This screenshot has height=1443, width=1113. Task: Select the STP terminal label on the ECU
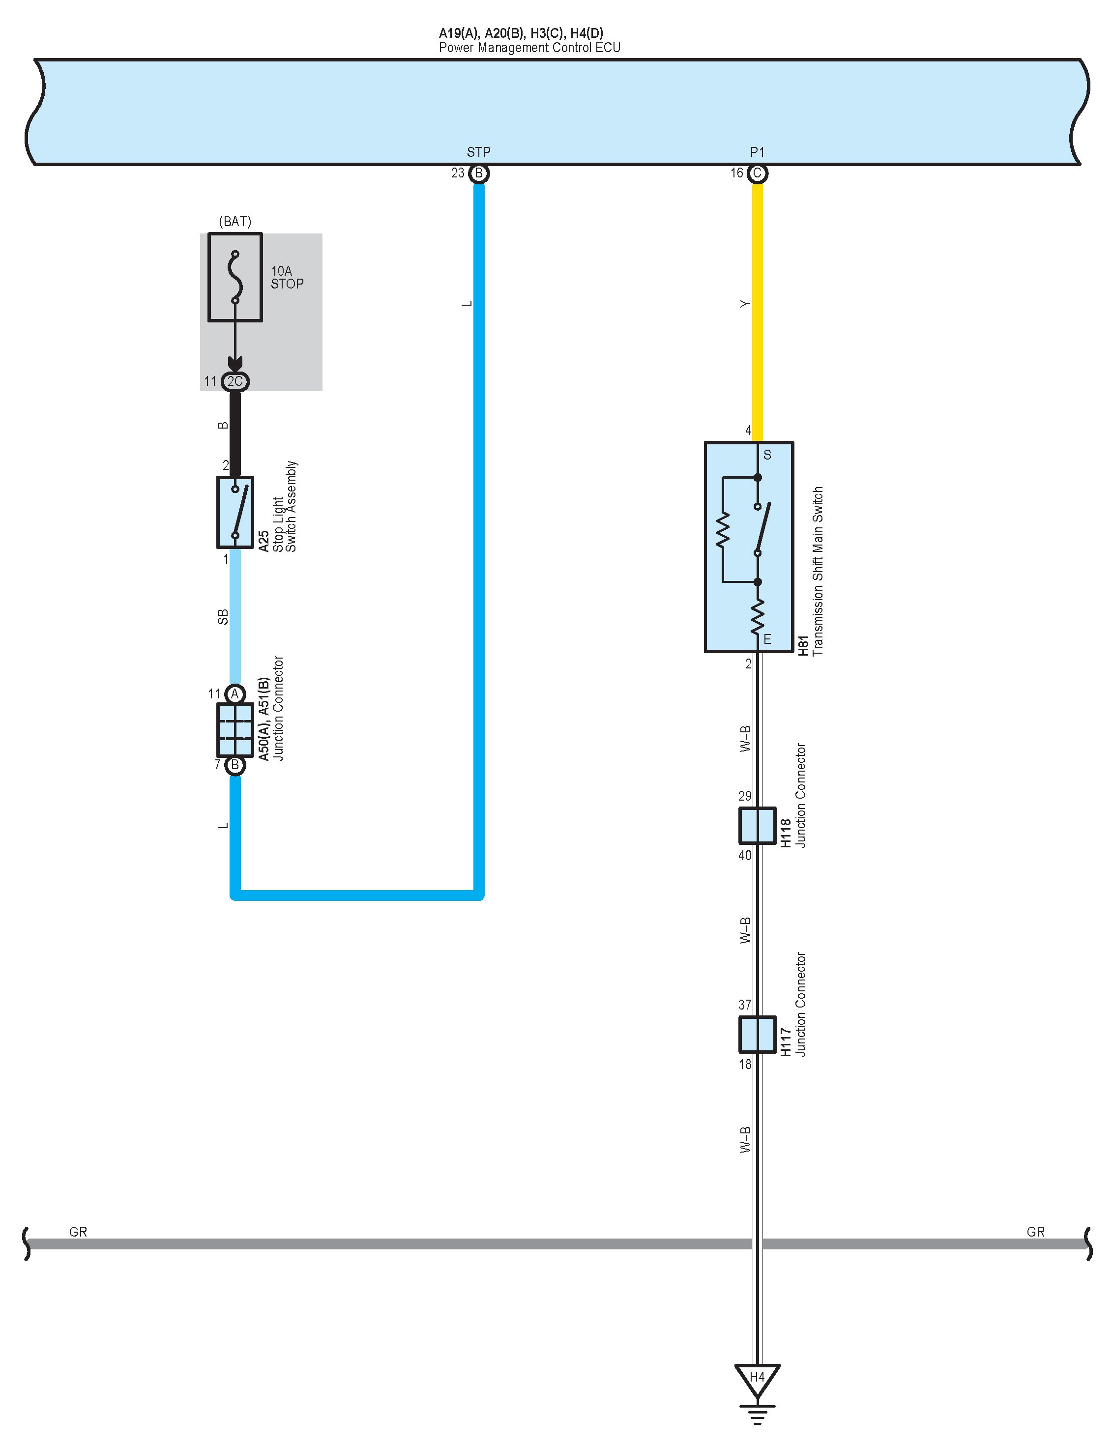478,152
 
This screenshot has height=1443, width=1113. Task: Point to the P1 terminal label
758,152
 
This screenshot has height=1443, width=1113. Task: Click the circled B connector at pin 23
478,174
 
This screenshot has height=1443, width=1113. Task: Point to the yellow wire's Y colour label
745,304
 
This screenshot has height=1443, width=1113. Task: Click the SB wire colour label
223,616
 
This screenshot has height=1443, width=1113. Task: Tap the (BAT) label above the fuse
235,221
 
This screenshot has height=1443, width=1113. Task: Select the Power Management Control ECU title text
529,48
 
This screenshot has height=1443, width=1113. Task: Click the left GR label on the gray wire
78,1232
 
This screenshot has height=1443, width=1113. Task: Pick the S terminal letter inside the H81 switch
767,455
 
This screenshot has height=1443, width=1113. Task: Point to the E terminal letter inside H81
767,639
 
